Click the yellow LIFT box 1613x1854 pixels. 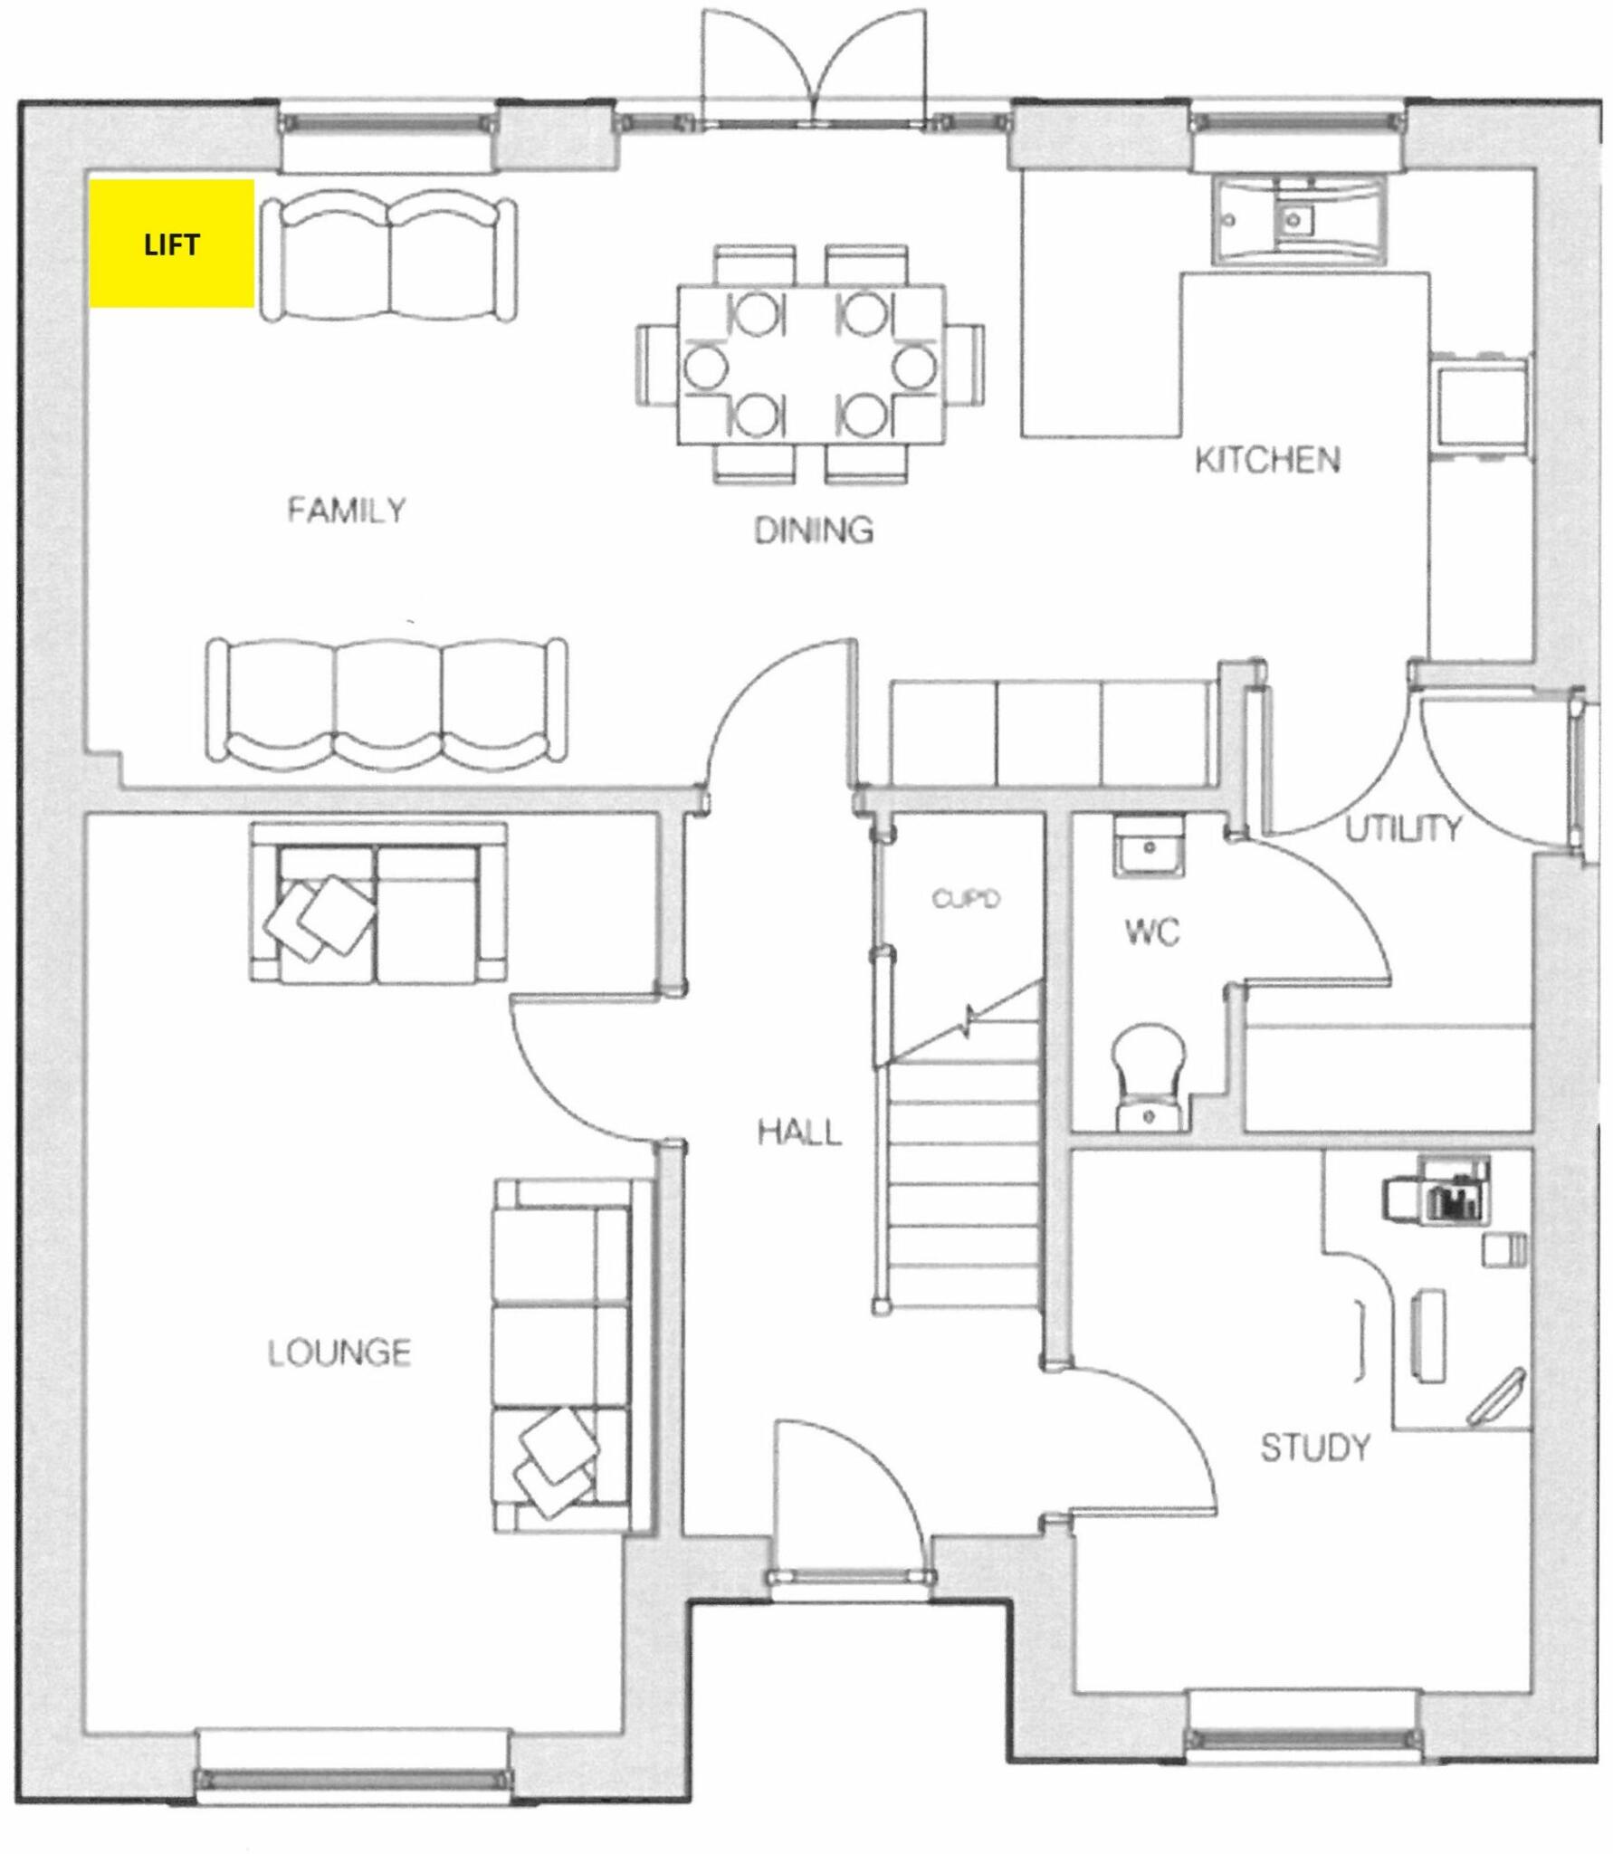pos(171,244)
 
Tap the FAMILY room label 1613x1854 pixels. pos(347,510)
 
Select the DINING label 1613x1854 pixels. pos(814,530)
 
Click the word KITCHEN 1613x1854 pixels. pos(1266,460)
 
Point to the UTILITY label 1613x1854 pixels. pos(1402,828)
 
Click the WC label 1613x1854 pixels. pos(1152,932)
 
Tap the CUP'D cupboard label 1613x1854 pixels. pos(966,899)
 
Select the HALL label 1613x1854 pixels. pos(799,1132)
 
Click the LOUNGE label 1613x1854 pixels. pos(339,1352)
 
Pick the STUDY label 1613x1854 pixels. pos(1314,1448)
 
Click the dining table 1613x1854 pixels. pos(812,364)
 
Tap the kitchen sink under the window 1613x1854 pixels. pos(1297,220)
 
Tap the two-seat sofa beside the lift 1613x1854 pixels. pos(389,259)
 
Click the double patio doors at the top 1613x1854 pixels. pos(815,68)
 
